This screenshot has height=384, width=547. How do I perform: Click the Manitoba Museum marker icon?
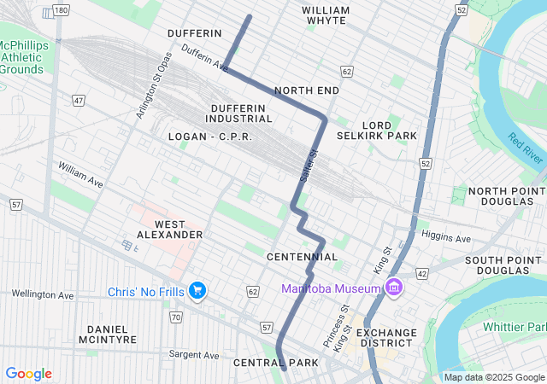click(x=393, y=288)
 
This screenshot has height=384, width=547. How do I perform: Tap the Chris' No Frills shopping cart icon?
click(x=197, y=291)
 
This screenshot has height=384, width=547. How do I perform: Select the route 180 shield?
click(x=60, y=9)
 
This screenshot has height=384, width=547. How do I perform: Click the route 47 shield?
click(x=79, y=101)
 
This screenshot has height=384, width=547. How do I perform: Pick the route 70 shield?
click(x=175, y=317)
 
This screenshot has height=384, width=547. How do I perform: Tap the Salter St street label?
click(x=309, y=165)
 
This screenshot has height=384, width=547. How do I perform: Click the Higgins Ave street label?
click(x=446, y=238)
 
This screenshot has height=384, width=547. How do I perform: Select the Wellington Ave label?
click(x=43, y=294)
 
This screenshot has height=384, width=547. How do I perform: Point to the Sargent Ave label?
click(x=194, y=354)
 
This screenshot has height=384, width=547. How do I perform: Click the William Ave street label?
click(x=80, y=177)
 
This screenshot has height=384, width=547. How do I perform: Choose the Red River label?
click(x=525, y=148)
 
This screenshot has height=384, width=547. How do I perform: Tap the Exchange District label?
click(x=385, y=339)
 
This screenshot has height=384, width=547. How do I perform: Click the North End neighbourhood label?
click(x=307, y=90)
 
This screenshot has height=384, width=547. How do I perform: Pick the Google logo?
click(x=28, y=374)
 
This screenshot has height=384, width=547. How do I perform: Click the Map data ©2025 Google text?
click(x=493, y=377)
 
